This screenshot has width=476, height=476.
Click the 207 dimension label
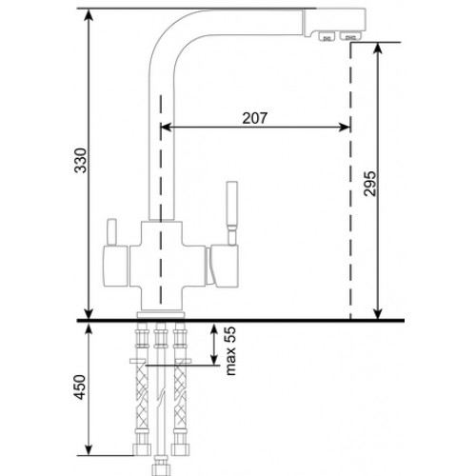click(x=255, y=118)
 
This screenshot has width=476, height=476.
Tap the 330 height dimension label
click(x=80, y=160)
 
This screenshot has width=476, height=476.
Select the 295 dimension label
click(x=369, y=184)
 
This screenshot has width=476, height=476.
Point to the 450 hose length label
click(x=80, y=387)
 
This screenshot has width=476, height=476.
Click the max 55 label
click(x=231, y=350)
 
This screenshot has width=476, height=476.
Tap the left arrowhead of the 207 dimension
click(x=166, y=128)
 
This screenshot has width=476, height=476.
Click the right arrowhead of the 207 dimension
click(x=345, y=128)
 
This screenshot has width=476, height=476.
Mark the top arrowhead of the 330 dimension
click(x=89, y=14)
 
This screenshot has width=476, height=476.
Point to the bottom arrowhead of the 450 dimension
click(x=89, y=449)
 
